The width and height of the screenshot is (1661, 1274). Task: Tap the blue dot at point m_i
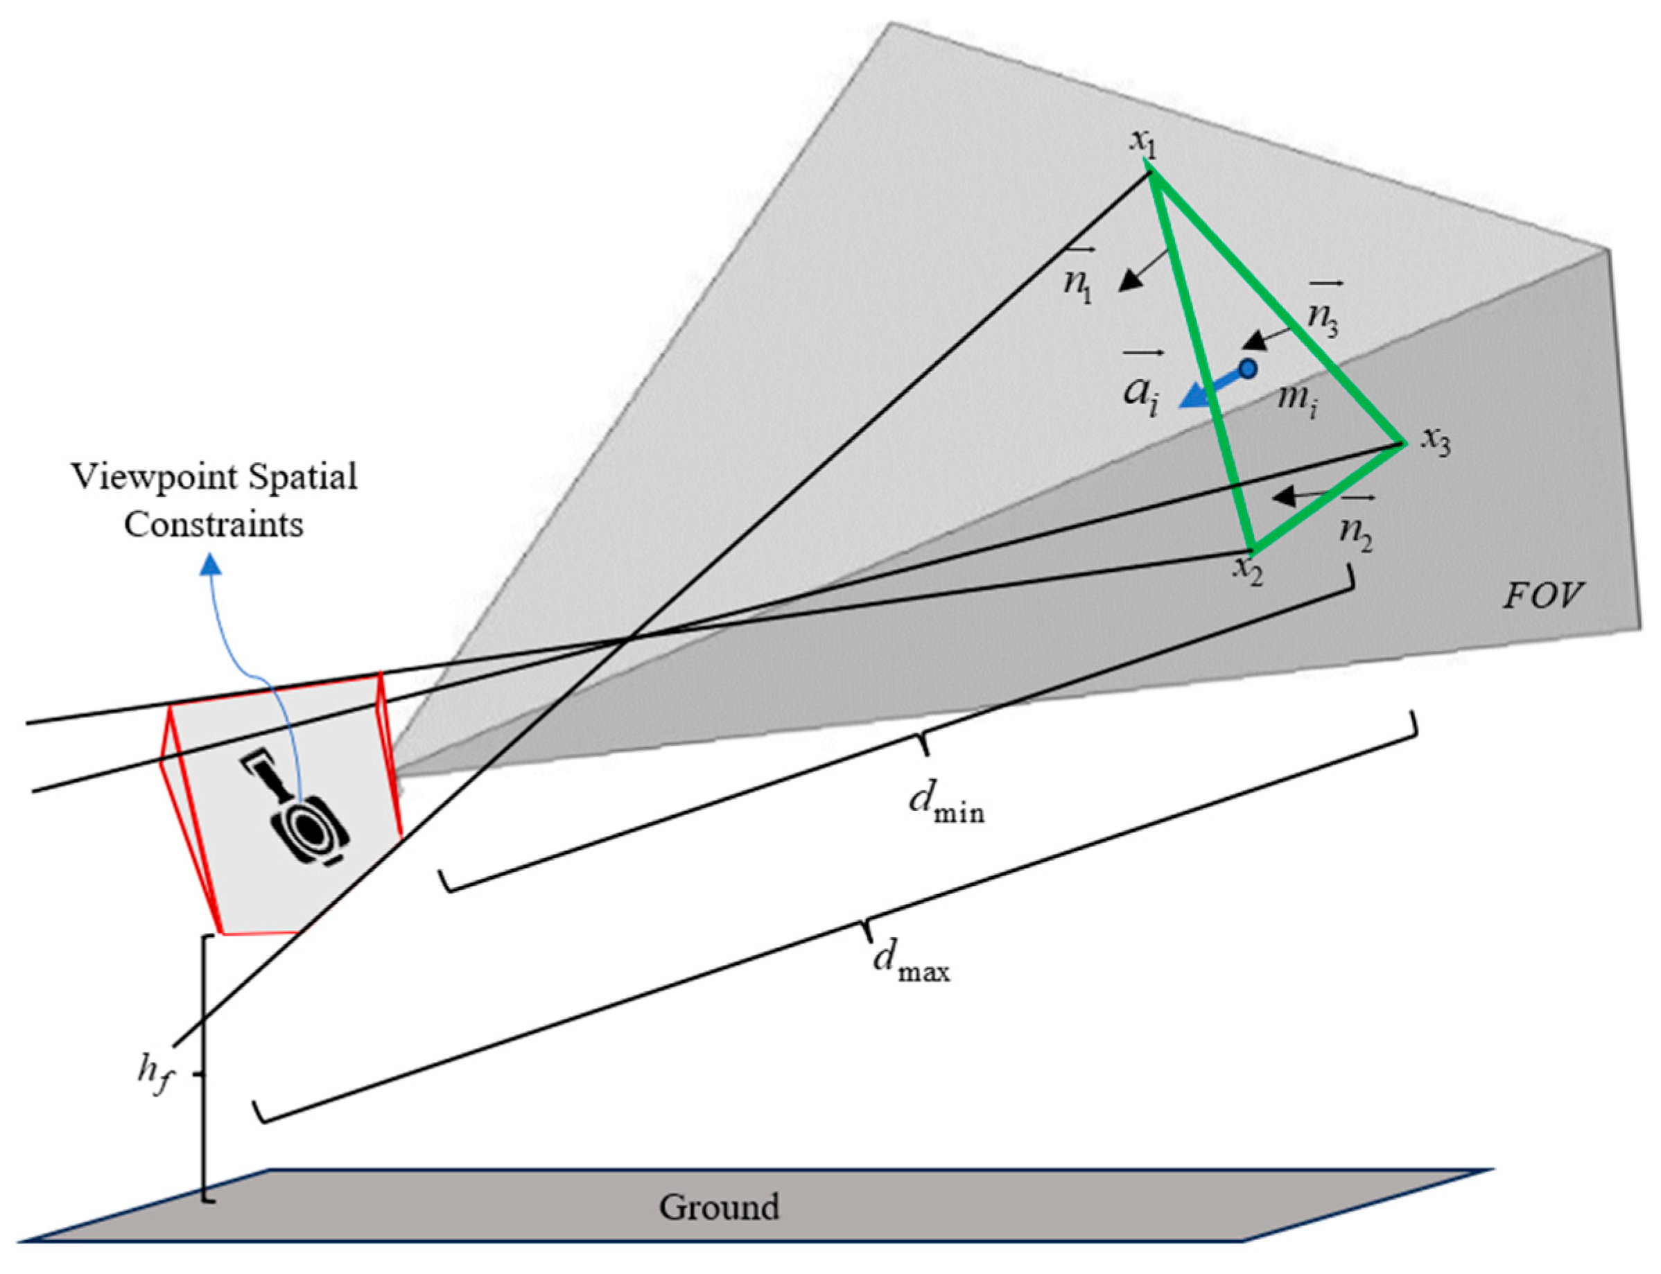coord(1246,369)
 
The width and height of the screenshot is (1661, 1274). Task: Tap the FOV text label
coord(1542,595)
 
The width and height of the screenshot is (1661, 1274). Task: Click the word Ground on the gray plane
coord(718,1206)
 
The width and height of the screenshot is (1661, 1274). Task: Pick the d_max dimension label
coord(911,963)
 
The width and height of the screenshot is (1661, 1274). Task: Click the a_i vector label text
coord(1142,392)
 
